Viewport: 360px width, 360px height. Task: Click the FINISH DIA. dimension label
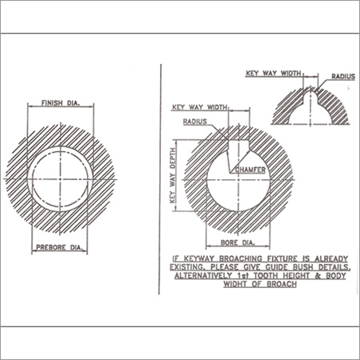click(61, 103)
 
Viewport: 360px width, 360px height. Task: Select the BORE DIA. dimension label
click(238, 242)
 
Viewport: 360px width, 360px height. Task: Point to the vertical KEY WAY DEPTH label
click(173, 175)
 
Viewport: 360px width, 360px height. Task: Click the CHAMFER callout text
click(250, 170)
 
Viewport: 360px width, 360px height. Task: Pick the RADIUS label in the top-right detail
click(343, 77)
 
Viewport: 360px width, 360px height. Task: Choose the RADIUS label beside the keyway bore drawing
click(195, 122)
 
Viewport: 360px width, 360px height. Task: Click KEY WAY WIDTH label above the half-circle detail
click(274, 73)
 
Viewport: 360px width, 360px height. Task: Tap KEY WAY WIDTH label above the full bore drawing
click(200, 107)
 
